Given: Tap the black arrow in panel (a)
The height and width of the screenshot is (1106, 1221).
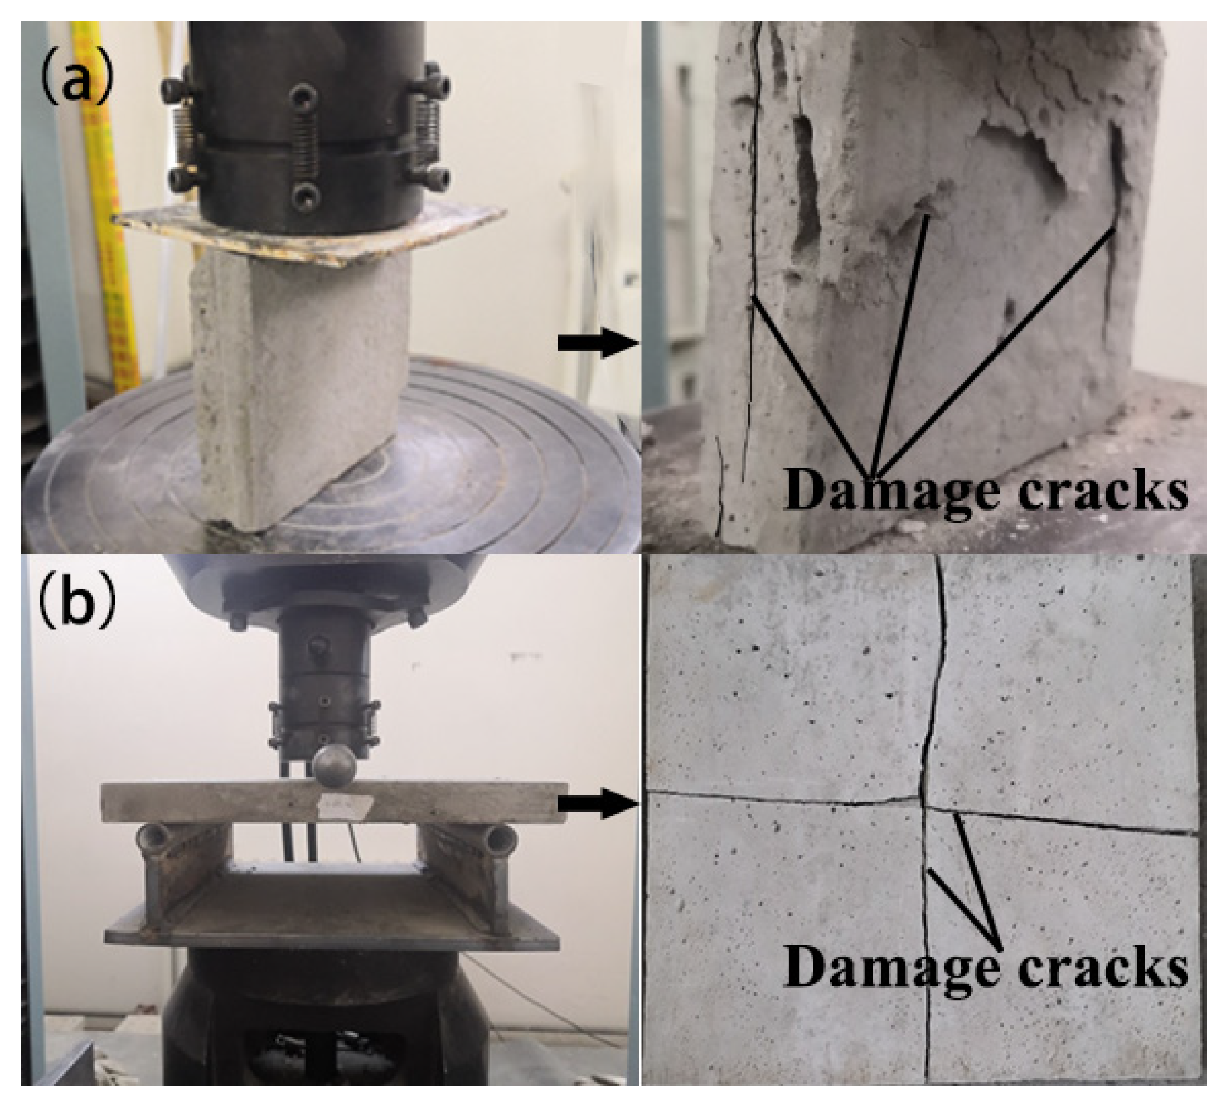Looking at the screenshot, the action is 598,344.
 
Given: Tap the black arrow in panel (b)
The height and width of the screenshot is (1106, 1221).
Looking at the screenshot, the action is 598,804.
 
